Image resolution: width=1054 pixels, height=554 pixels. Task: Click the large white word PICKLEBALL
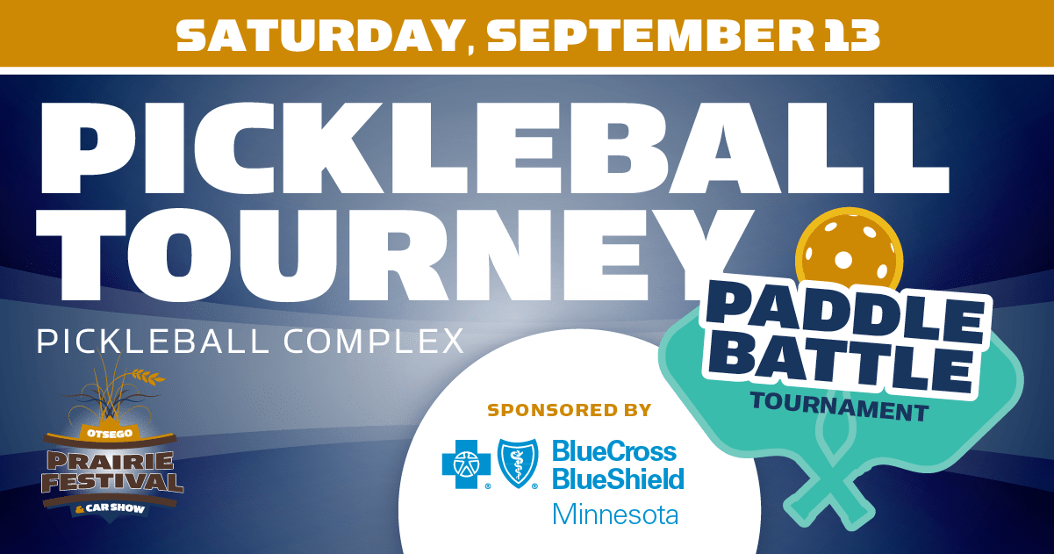[495, 147]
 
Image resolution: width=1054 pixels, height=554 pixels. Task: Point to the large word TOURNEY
[394, 254]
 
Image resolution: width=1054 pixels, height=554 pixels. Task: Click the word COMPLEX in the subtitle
[374, 342]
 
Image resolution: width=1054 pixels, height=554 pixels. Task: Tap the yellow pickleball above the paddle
[849, 249]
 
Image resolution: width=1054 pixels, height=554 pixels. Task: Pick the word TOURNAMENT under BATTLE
[840, 407]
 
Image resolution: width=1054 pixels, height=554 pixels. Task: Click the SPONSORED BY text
[569, 410]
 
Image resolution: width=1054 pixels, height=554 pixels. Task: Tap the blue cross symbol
[466, 464]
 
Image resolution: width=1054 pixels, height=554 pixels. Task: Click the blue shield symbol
[518, 464]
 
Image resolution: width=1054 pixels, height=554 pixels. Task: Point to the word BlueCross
[614, 451]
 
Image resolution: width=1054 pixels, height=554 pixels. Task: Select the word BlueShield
[618, 478]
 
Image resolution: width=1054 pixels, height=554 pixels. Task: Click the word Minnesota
[615, 514]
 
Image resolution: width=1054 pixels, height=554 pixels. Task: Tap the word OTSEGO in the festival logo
[110, 433]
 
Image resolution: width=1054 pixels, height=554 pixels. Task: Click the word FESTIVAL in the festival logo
[112, 482]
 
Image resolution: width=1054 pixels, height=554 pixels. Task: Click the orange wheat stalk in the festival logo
[147, 376]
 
